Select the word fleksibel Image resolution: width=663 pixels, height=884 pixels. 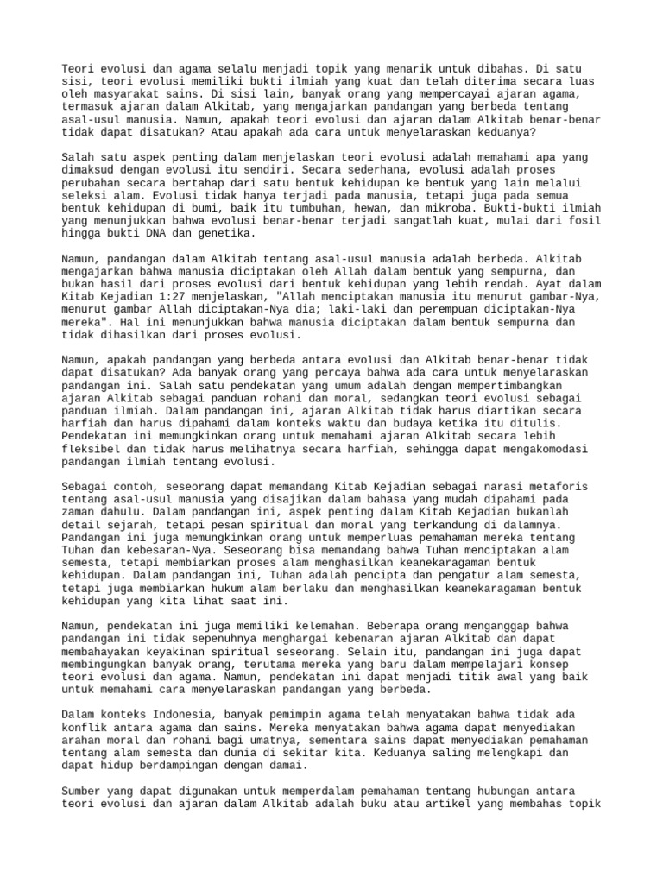pyautogui.click(x=95, y=449)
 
